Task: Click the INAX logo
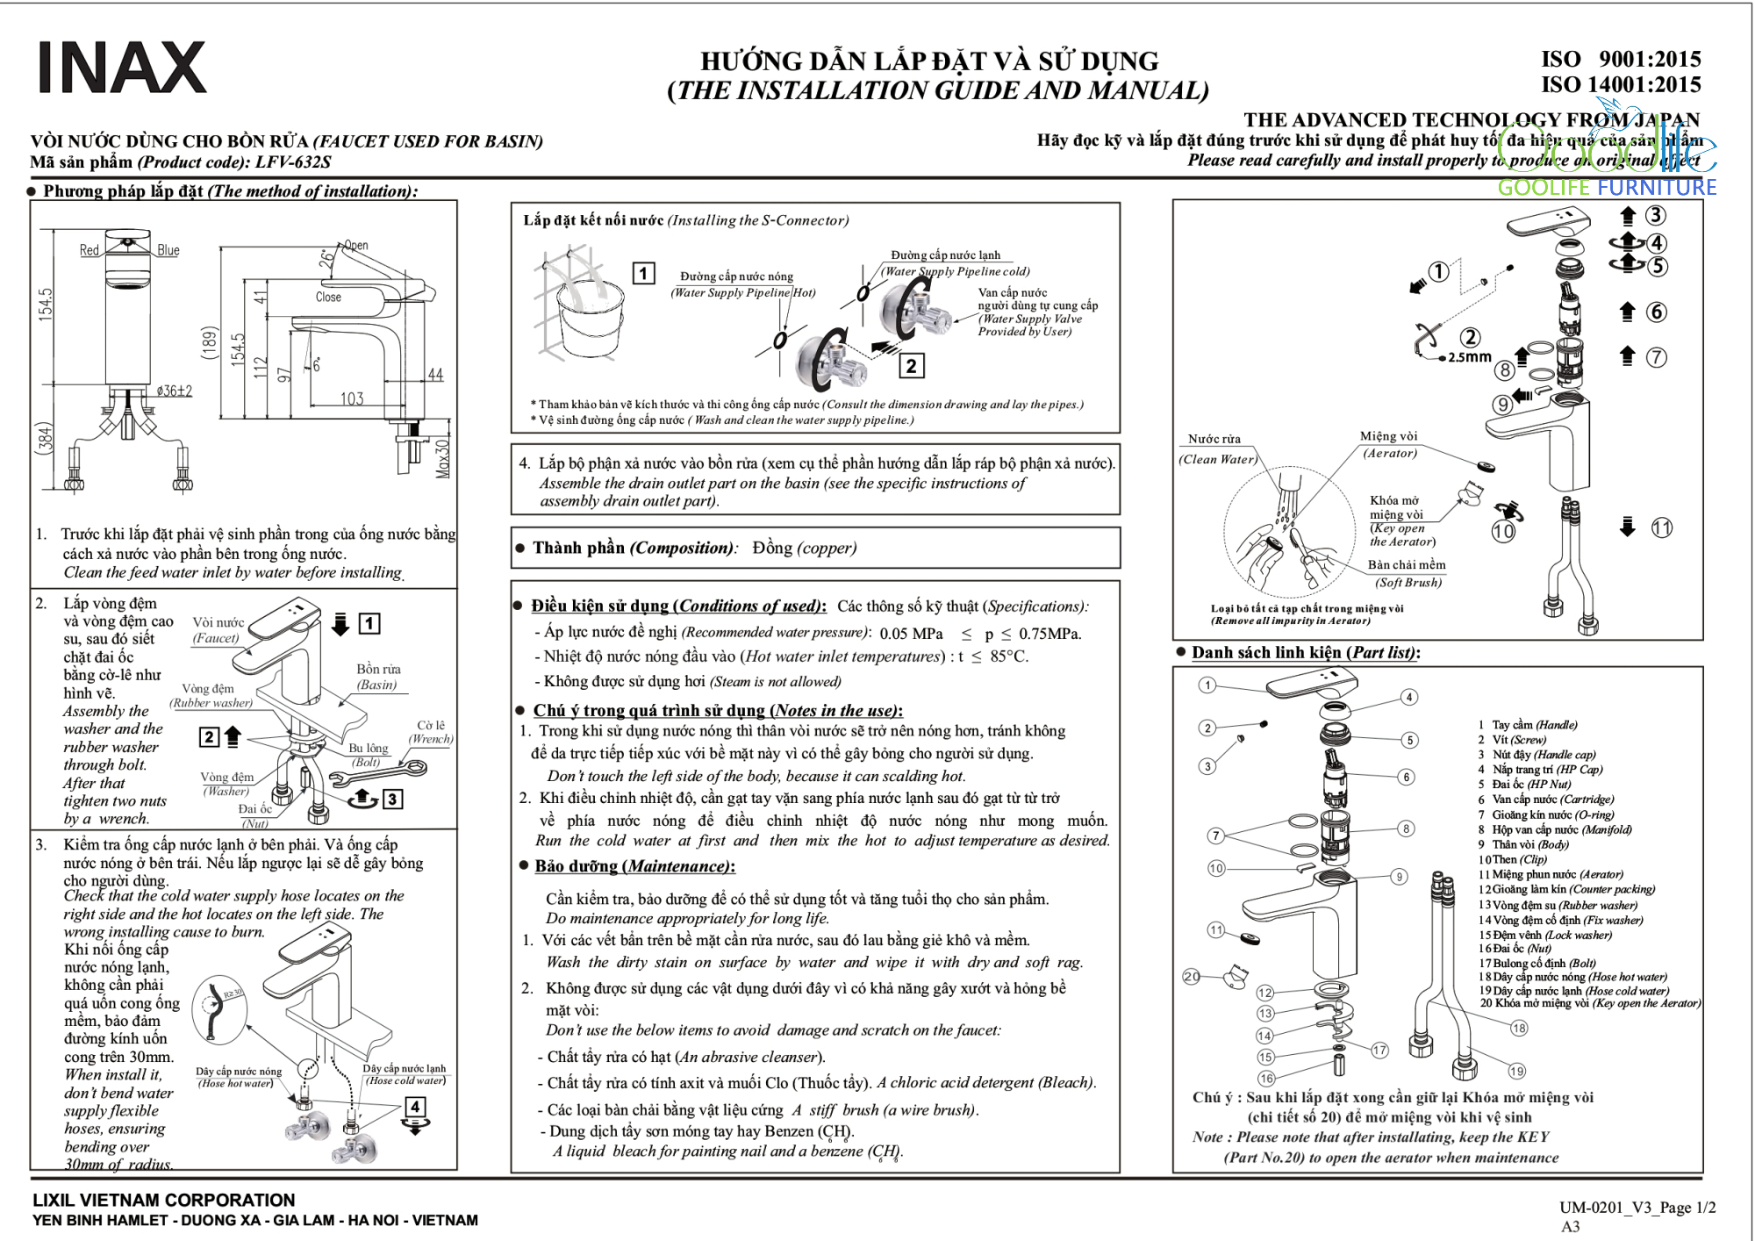click(122, 68)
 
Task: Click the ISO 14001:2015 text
click(1621, 85)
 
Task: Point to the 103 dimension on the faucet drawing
click(352, 399)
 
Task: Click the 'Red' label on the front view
click(90, 251)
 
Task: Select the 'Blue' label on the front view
click(168, 251)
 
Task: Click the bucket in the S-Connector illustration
click(591, 320)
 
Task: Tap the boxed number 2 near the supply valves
click(912, 366)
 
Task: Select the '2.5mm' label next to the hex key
click(1469, 357)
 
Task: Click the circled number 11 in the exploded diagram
click(1662, 527)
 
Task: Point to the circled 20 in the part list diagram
click(1192, 976)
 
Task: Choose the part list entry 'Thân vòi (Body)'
click(1530, 844)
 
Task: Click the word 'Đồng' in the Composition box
click(772, 549)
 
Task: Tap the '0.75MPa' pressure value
click(1049, 634)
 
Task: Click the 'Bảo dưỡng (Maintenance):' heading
click(634, 867)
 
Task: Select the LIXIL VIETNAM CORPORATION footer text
click(164, 1200)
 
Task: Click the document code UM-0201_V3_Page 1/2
click(1637, 1208)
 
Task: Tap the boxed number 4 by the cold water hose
click(415, 1107)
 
